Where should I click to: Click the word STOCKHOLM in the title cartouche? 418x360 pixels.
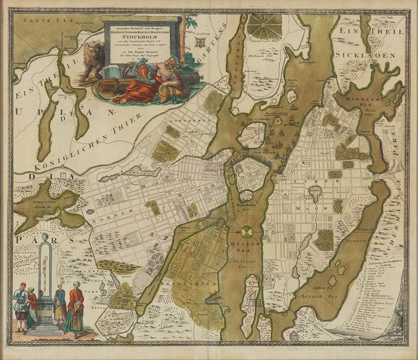142,38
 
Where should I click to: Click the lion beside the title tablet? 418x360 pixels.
93,59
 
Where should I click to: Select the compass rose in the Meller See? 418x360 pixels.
247,232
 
